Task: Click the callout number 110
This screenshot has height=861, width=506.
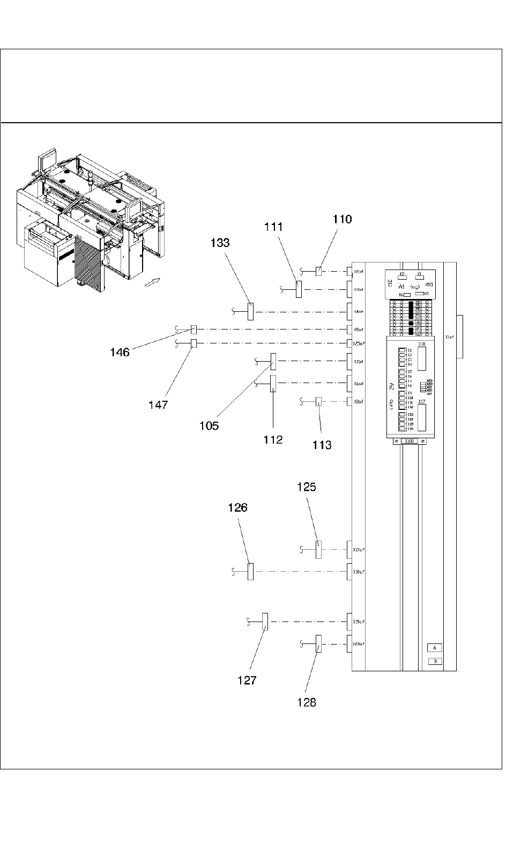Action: [x=343, y=219]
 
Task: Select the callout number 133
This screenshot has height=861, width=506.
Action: [x=220, y=243]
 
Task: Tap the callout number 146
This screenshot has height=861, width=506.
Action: [x=120, y=352]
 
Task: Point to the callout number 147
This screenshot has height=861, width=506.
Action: [x=158, y=405]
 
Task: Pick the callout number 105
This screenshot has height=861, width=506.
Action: [x=209, y=426]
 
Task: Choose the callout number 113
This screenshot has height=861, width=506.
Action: [x=322, y=445]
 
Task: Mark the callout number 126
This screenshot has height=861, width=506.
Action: [x=237, y=507]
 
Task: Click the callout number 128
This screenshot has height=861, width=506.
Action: [x=307, y=702]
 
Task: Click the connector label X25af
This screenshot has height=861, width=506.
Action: [x=359, y=343]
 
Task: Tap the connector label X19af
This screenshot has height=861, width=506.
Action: [x=359, y=622]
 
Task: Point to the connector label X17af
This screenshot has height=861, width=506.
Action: [x=359, y=549]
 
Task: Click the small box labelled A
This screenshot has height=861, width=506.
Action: [x=435, y=648]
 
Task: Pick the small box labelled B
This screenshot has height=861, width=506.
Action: [x=435, y=661]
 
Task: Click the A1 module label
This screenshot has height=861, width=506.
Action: [x=401, y=287]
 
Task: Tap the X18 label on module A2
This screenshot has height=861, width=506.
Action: [x=421, y=344]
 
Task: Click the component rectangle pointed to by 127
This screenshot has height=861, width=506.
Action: [x=264, y=622]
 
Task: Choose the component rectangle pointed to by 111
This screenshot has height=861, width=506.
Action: [x=299, y=289]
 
